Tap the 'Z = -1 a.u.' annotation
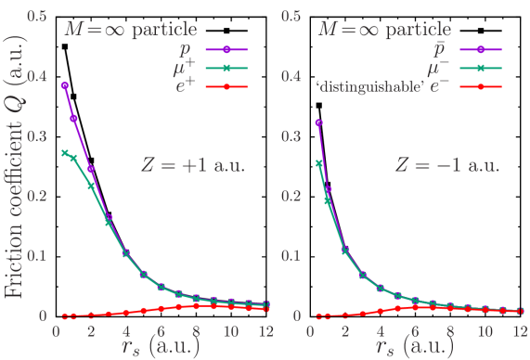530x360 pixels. tap(447, 167)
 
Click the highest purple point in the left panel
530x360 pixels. tap(64, 85)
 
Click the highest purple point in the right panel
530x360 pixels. tap(318, 122)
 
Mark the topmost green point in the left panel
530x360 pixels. tap(64, 153)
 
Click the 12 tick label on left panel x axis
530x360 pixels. tap(266, 329)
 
